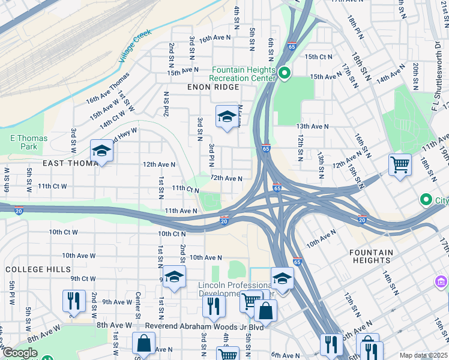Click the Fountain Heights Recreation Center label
pyautogui.click(x=243, y=74)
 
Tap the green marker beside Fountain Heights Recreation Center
pyautogui.click(x=285, y=74)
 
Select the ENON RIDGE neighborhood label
pyautogui.click(x=213, y=87)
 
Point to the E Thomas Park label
pyautogui.click(x=29, y=142)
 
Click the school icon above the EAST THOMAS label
pyautogui.click(x=101, y=151)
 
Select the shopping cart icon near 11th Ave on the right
pyautogui.click(x=400, y=164)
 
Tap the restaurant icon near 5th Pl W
pyautogui.click(x=73, y=300)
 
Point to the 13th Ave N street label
pyautogui.click(x=312, y=127)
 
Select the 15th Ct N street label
pyautogui.click(x=318, y=57)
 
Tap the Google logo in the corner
pyautogui.click(x=20, y=353)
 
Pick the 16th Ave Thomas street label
pyautogui.click(x=107, y=88)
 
